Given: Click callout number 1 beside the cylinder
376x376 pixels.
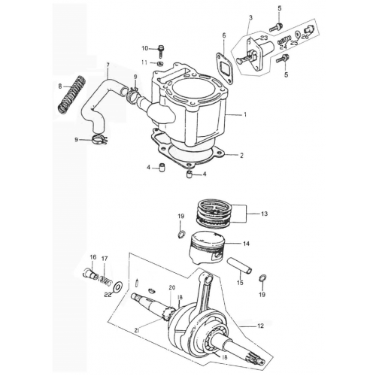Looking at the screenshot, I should pos(245,115).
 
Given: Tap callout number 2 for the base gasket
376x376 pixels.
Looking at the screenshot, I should pos(242,156).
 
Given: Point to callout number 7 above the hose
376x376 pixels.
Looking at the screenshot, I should pos(108,65).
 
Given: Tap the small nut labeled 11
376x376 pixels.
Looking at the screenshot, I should pos(160,62).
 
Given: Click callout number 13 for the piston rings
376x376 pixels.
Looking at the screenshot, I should pos(263,214).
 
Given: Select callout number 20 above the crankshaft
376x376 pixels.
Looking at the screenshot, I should pos(171,288).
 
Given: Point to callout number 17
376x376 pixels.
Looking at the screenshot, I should pos(105,258).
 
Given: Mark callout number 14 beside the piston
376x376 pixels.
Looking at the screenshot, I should pos(246,244).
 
